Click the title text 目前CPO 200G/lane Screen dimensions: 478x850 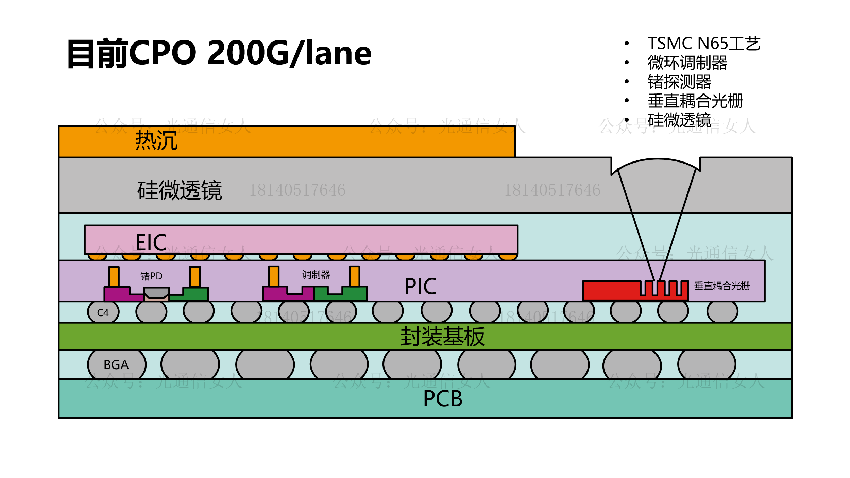(219, 53)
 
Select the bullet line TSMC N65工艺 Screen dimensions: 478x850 (704, 44)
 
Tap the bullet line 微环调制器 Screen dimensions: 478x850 (687, 63)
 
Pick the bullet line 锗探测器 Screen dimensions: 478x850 (679, 82)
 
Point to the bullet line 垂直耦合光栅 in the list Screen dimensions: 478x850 (695, 101)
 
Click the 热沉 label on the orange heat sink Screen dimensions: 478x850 (156, 140)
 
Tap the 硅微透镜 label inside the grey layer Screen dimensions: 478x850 (180, 190)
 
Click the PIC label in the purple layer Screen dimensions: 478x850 (420, 286)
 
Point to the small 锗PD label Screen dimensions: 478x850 (151, 276)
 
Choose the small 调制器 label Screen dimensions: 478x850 (316, 275)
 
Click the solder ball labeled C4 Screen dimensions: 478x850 (103, 312)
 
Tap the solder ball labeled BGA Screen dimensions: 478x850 (116, 365)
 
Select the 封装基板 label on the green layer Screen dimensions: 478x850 (442, 337)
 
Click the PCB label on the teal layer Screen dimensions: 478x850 (443, 398)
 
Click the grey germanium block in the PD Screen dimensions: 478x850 (156, 292)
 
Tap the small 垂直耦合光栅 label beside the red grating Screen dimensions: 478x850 (722, 286)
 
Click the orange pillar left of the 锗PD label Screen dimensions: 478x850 (114, 276)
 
